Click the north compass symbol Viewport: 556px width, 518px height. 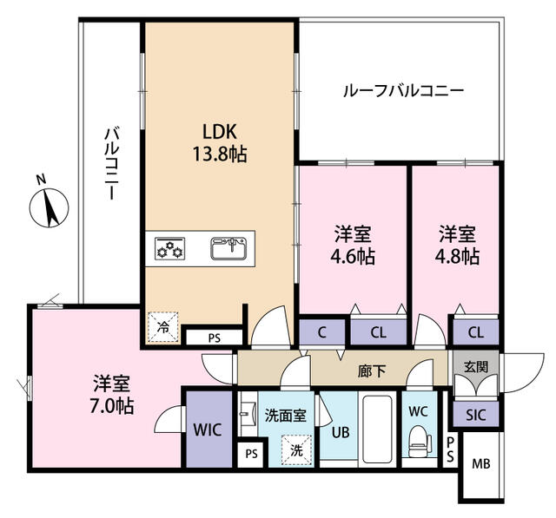click(49, 207)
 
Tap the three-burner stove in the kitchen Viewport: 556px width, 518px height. click(170, 248)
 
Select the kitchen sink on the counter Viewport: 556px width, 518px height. click(229, 248)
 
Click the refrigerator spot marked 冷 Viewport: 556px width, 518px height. click(163, 327)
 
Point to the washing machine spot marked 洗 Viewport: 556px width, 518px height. click(296, 450)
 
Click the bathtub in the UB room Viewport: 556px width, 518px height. click(377, 429)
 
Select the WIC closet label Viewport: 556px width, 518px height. click(208, 429)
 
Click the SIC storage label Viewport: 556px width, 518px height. click(475, 415)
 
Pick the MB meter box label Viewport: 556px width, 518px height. click(481, 463)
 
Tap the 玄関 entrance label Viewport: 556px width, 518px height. click(476, 367)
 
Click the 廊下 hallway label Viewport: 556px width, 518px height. click(372, 370)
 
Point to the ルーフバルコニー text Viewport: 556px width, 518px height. click(403, 91)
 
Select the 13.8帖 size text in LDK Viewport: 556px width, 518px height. click(220, 154)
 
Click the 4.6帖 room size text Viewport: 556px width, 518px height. click(353, 256)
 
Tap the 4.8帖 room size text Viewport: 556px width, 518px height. click(457, 256)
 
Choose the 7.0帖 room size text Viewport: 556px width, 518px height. click(111, 406)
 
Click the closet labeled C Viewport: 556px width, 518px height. click(322, 332)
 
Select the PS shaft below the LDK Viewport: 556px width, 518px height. click(215, 338)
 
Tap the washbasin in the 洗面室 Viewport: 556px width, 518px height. click(248, 414)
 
